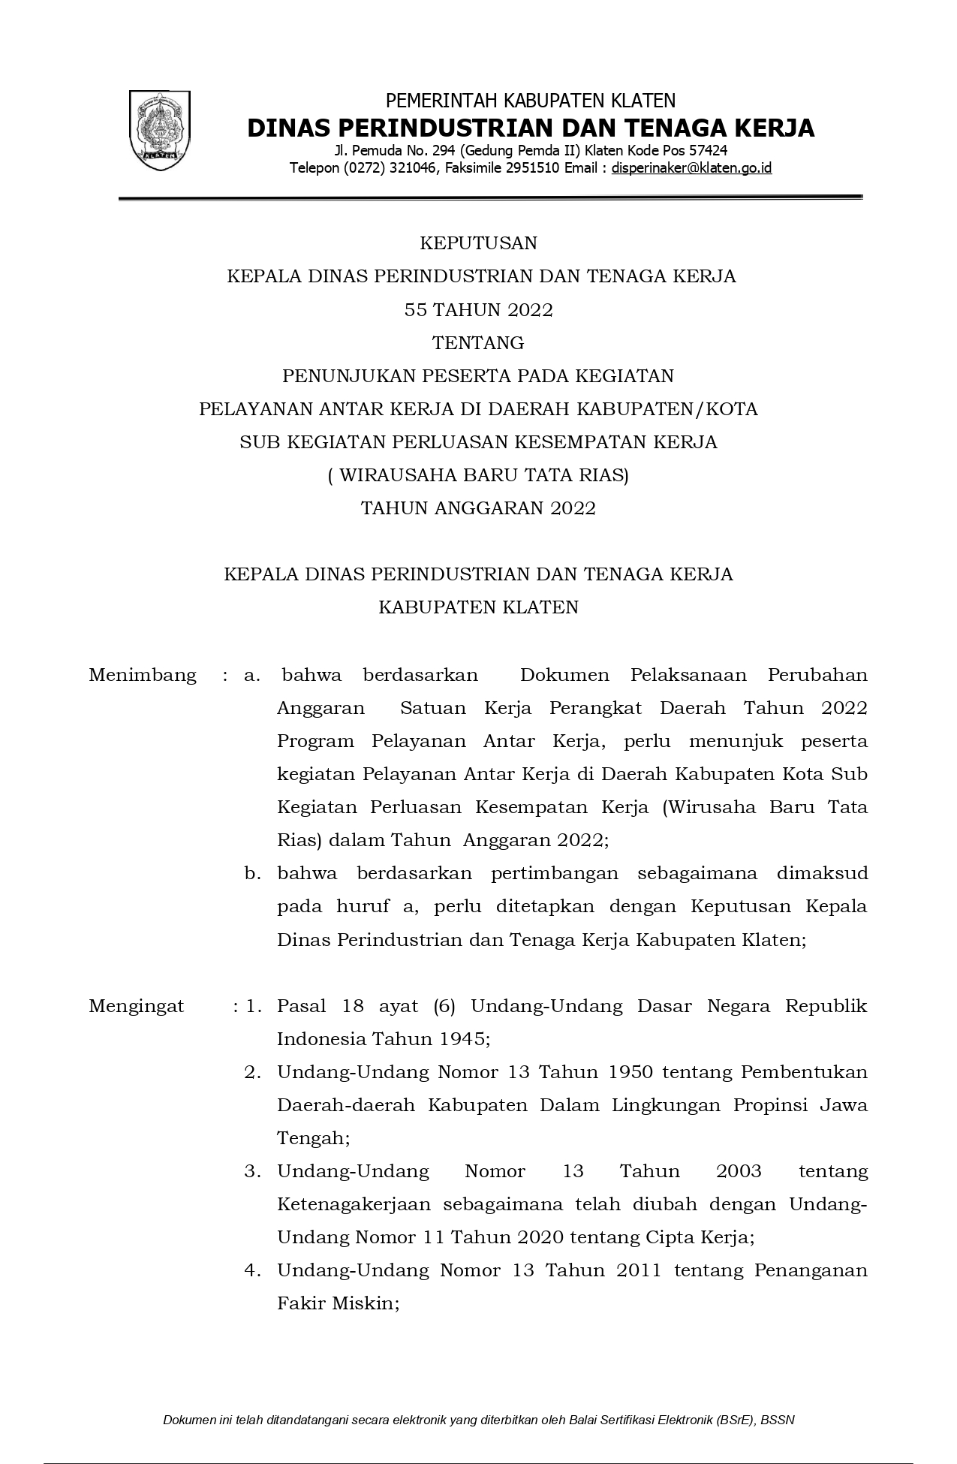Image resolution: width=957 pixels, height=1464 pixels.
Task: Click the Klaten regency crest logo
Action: pyautogui.click(x=160, y=130)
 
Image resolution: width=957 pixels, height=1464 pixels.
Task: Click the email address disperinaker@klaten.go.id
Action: pyautogui.click(x=691, y=168)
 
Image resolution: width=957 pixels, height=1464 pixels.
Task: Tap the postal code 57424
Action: pyautogui.click(x=709, y=151)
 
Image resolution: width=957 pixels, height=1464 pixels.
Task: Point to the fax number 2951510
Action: pyautogui.click(x=534, y=168)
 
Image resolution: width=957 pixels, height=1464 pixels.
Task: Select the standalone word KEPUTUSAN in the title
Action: pyautogui.click(x=478, y=243)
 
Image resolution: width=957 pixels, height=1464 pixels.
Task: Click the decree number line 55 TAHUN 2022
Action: pyautogui.click(x=478, y=309)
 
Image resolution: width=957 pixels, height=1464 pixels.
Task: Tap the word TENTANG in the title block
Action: pyautogui.click(x=478, y=343)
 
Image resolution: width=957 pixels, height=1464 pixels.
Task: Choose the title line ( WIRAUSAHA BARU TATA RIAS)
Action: pyautogui.click(x=478, y=475)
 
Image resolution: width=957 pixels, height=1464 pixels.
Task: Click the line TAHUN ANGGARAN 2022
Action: pyautogui.click(x=478, y=508)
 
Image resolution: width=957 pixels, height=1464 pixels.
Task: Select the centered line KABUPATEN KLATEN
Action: pyautogui.click(x=478, y=607)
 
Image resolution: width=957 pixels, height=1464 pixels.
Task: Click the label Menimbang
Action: pyautogui.click(x=143, y=675)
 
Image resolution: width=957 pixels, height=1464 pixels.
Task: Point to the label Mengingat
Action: pyautogui.click(x=136, y=1006)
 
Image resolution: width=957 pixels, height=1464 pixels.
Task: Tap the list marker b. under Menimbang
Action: pyautogui.click(x=252, y=874)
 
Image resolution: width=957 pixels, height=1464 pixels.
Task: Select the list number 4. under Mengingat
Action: pyautogui.click(x=252, y=1270)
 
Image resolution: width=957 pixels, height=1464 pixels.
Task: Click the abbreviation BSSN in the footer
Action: pyautogui.click(x=781, y=1420)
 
